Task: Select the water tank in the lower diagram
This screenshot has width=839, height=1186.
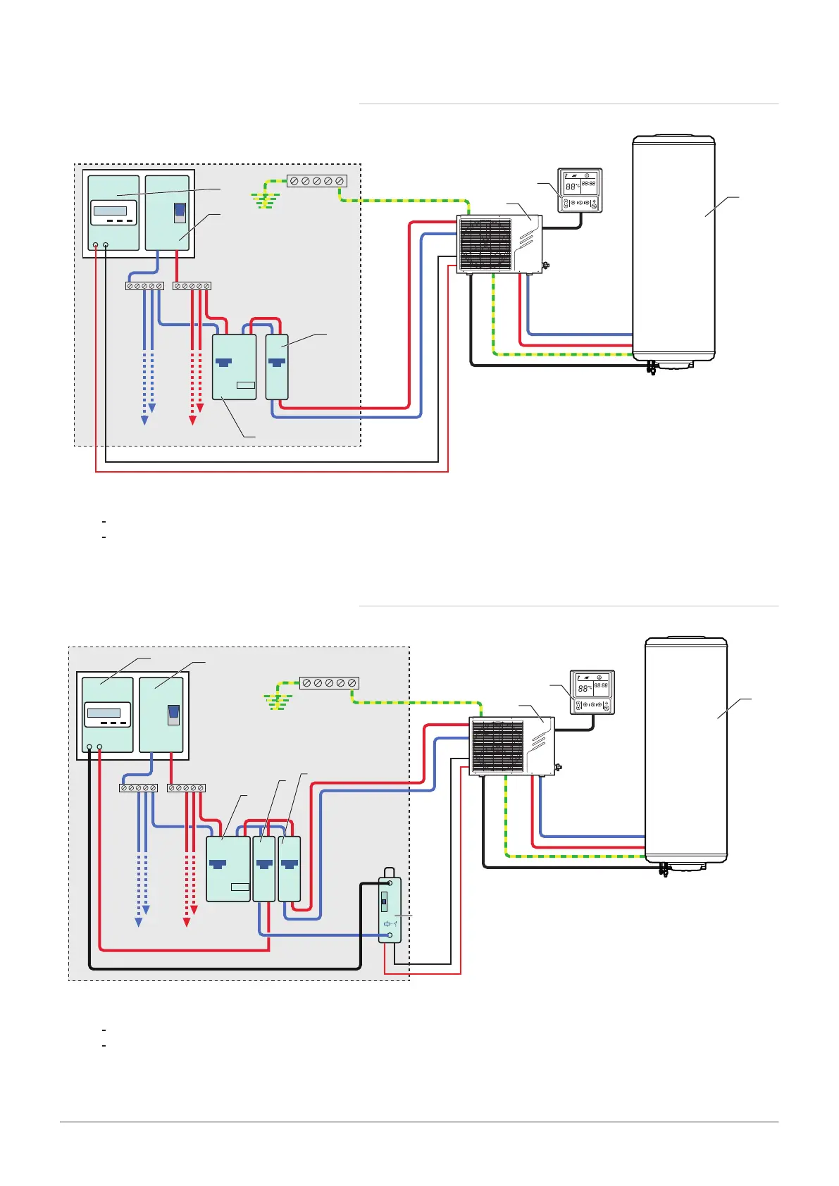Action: pos(686,750)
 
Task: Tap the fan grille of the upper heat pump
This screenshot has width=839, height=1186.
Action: pos(485,244)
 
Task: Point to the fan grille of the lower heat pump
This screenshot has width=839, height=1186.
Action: pos(497,747)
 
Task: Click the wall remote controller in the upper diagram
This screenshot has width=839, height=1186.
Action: pos(580,190)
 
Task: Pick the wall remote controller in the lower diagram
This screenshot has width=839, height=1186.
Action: pos(592,692)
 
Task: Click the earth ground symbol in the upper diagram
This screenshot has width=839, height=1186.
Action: pos(266,201)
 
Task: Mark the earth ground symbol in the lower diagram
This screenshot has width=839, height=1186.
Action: pos(278,702)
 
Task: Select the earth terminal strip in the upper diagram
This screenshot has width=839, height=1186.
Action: pos(317,181)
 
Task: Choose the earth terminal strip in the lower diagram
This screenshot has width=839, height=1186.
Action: pos(329,683)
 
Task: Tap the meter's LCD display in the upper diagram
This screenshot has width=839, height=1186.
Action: pos(110,211)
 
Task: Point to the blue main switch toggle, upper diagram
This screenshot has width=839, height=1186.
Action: pos(180,212)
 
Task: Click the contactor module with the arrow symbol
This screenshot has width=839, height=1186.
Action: pos(390,909)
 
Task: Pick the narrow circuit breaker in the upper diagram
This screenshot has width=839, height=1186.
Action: pos(277,367)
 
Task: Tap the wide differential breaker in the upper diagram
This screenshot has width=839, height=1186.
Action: pos(234,367)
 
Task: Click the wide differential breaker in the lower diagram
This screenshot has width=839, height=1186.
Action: pos(228,869)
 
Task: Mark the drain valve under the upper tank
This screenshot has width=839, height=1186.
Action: pos(652,367)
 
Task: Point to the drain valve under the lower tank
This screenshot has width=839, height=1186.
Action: pos(664,869)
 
